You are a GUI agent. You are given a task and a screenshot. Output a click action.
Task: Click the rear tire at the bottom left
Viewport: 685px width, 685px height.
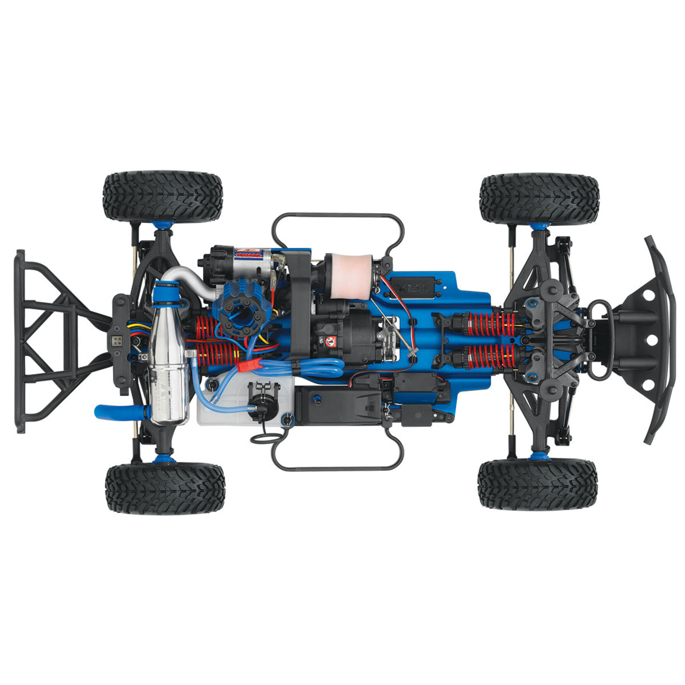(165, 489)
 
